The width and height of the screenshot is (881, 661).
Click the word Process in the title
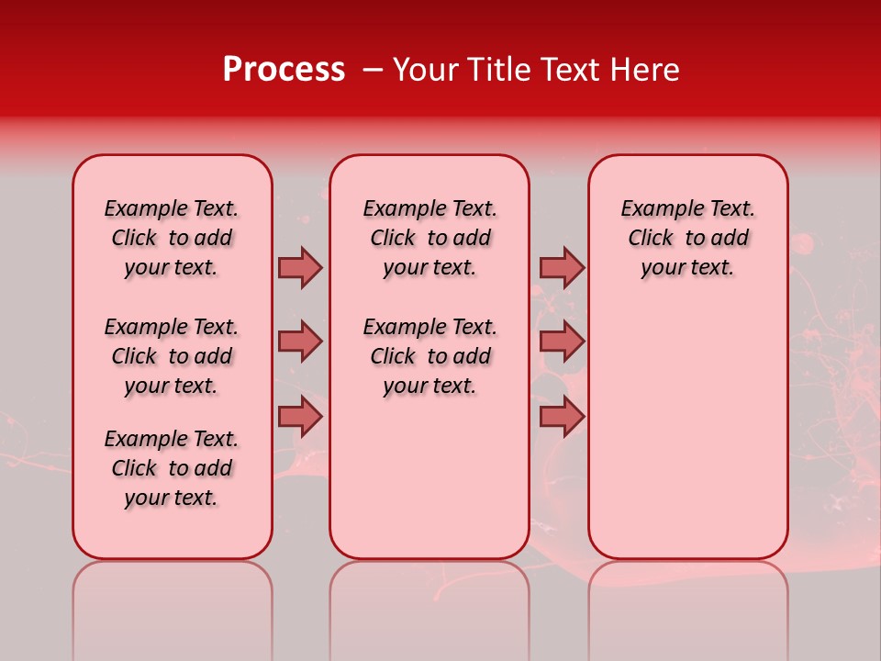coord(284,70)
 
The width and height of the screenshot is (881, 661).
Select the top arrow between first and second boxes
coord(300,267)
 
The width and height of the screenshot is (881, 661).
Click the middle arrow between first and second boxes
coord(300,342)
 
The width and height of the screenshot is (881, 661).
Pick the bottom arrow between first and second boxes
coord(300,417)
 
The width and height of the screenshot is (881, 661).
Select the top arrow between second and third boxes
coord(562,267)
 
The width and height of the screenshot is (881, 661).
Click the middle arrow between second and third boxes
coord(562,342)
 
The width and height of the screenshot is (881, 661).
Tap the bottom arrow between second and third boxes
coord(562,417)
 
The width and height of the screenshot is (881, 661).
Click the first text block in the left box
coord(172,238)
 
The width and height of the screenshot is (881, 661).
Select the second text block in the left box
coord(172,356)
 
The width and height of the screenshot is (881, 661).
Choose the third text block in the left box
coord(172,468)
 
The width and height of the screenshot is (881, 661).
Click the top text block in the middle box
coord(429,238)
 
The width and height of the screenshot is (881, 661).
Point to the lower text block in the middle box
coord(429,356)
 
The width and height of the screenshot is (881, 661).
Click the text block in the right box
coord(687,238)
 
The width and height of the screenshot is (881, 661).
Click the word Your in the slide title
coord(424,70)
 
